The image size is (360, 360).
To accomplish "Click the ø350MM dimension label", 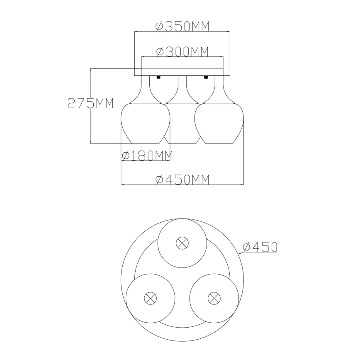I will (182, 26).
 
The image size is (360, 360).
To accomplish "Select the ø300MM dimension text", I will (182, 51).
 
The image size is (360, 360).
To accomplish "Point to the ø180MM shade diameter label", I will (147, 156).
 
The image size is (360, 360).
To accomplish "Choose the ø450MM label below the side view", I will (182, 180).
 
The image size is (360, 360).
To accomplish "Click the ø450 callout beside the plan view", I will (260, 247).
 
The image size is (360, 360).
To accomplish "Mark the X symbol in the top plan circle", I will (182, 243).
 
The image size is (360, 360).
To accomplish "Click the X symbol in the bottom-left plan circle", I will (150, 297).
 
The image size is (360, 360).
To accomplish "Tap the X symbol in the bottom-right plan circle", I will (214, 297).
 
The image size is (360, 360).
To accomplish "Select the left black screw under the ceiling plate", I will (158, 77).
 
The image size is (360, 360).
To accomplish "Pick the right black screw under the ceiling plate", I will (205, 77).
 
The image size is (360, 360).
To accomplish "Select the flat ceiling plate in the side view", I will (182, 72).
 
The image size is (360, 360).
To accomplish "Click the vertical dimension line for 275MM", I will (91, 124).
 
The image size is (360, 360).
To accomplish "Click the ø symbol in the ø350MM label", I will (159, 27).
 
